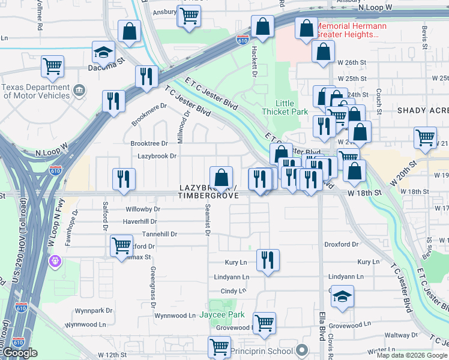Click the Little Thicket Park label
(285, 107)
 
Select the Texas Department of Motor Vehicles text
(36, 91)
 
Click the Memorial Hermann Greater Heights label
(347, 30)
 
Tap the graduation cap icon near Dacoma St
(103, 53)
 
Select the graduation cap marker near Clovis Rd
(342, 297)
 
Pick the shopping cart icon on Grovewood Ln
(264, 323)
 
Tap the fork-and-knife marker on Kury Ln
(268, 260)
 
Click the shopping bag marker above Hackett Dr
(262, 26)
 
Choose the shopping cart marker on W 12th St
(219, 347)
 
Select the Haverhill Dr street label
(140, 221)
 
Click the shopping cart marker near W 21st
(426, 137)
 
